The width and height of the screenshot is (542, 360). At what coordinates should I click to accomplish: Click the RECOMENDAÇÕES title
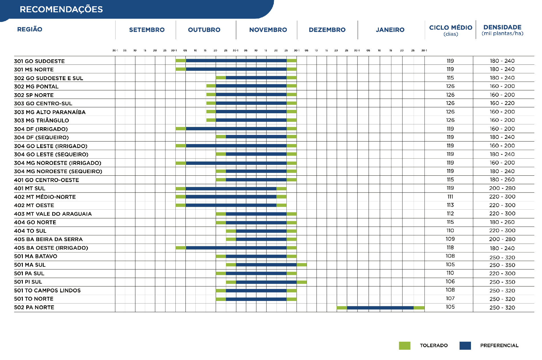(61, 9)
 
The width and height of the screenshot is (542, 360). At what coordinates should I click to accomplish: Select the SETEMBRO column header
(147, 30)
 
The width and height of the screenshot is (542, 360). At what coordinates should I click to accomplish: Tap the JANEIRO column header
(390, 30)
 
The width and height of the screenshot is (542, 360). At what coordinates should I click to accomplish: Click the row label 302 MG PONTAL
(36, 86)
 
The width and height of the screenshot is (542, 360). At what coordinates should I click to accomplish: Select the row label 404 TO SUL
(30, 231)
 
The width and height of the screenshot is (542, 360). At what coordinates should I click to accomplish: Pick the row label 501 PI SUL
(28, 282)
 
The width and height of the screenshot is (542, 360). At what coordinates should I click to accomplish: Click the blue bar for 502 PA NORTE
(380, 308)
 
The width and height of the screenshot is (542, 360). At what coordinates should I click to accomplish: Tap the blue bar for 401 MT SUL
(231, 189)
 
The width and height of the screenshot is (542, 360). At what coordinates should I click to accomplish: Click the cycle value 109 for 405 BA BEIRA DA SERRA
(450, 239)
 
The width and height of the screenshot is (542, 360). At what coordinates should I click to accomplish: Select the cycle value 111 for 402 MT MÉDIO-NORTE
(450, 197)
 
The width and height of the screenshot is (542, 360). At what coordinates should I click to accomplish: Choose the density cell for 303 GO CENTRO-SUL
(502, 103)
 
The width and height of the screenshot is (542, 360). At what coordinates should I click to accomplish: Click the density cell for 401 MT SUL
(502, 188)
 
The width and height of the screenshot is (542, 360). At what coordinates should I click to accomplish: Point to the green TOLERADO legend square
(405, 345)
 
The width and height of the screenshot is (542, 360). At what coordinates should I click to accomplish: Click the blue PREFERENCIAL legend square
(465, 345)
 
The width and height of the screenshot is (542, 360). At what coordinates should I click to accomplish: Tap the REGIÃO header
(30, 29)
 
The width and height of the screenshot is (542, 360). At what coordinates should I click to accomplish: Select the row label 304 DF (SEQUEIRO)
(41, 137)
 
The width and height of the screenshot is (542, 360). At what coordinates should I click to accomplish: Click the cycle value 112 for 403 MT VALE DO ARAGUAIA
(450, 214)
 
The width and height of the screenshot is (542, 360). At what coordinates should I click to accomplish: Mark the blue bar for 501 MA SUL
(266, 265)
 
